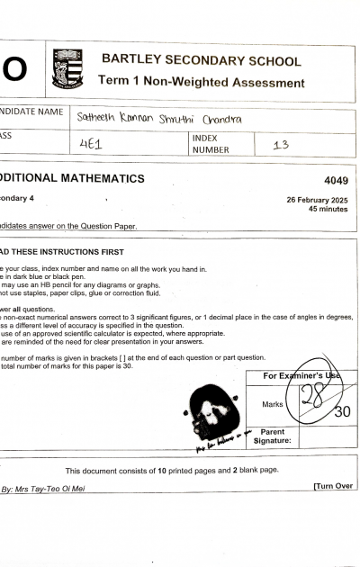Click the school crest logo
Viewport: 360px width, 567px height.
pyautogui.click(x=67, y=68)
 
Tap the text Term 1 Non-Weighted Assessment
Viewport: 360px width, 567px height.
pyautogui.click(x=201, y=82)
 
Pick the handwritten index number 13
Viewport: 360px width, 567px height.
pyautogui.click(x=281, y=143)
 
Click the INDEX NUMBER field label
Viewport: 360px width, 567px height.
pyautogui.click(x=211, y=144)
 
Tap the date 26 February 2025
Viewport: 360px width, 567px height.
pyautogui.click(x=317, y=199)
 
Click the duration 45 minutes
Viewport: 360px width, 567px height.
pyautogui.click(x=328, y=209)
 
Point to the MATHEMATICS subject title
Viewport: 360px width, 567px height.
pyautogui.click(x=90, y=179)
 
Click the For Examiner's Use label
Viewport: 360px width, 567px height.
pyautogui.click(x=302, y=375)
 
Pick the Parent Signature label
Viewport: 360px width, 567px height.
pyautogui.click(x=273, y=436)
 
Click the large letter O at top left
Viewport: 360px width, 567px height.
pyautogui.click(x=13, y=68)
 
